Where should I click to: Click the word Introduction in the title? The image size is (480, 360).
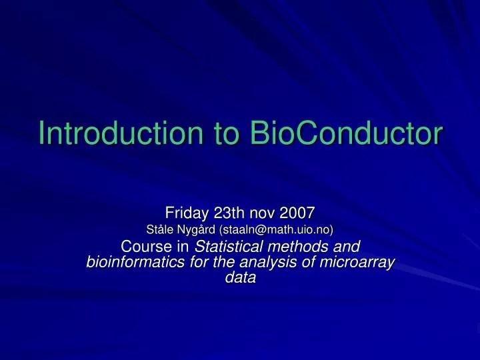pos(121,133)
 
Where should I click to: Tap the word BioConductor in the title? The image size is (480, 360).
pos(345,133)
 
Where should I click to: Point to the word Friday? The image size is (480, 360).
pos(188,213)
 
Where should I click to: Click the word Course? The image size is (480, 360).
pos(147,247)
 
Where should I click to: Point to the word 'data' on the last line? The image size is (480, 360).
pos(240,279)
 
